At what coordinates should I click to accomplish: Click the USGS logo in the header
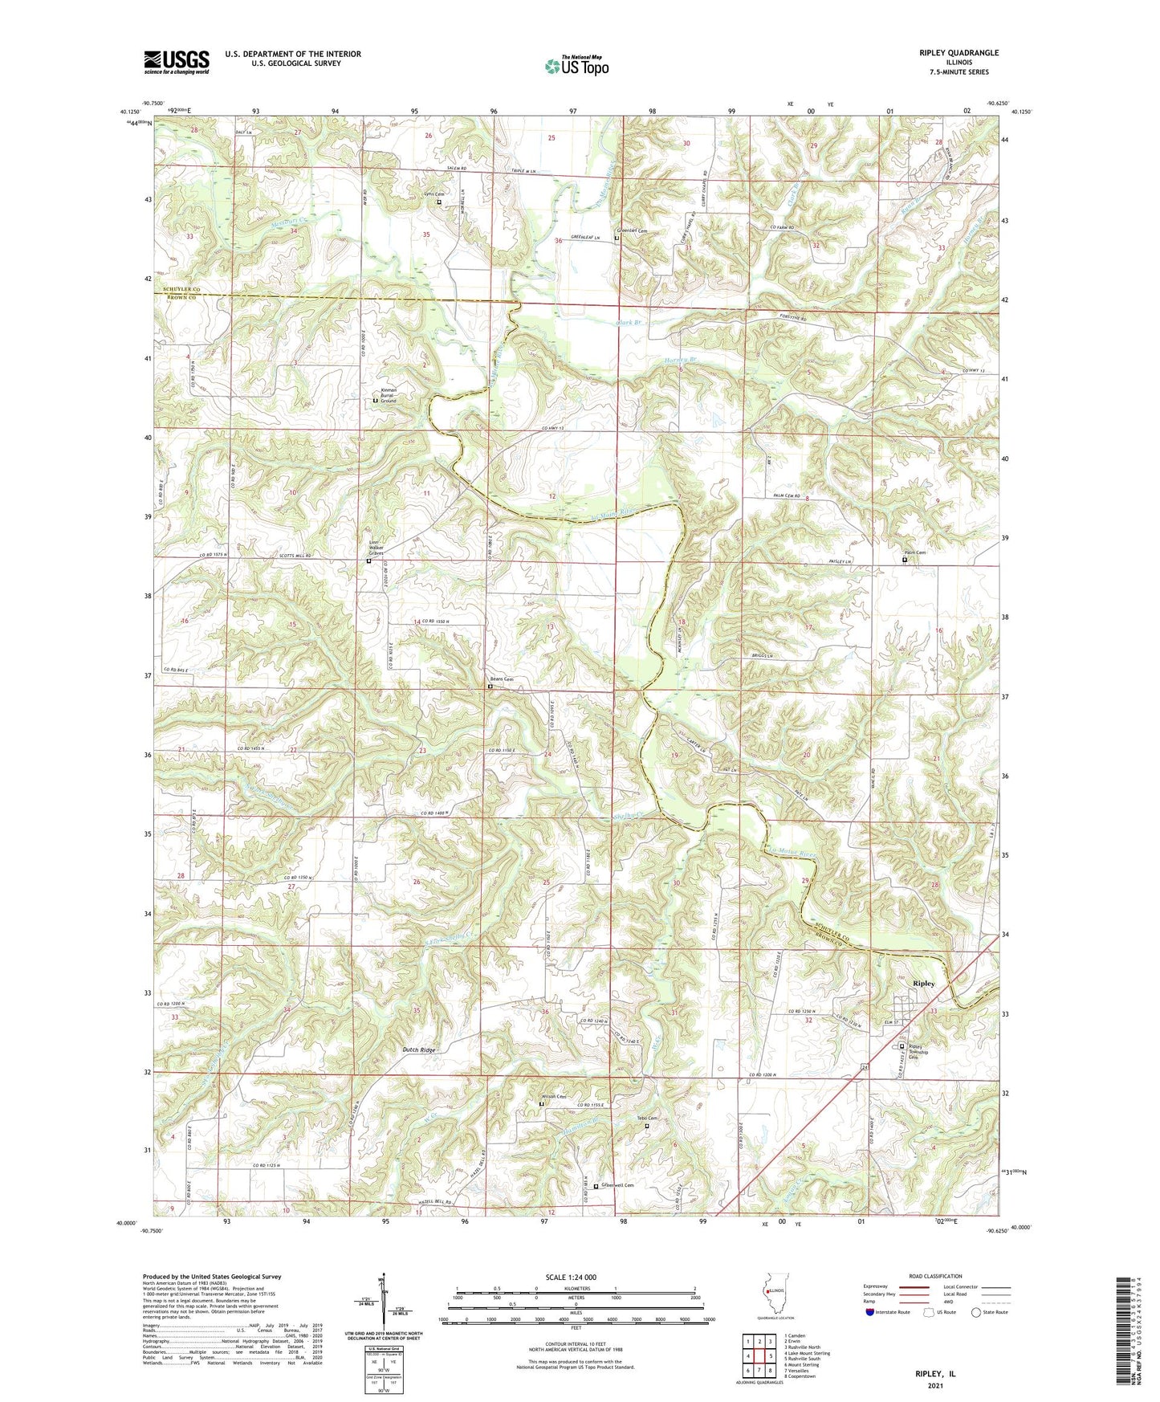click(177, 62)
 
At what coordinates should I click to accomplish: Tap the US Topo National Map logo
click(576, 66)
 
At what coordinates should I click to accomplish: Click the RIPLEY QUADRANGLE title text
click(959, 53)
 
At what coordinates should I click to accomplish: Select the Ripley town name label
click(923, 983)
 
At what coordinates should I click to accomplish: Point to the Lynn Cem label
click(434, 194)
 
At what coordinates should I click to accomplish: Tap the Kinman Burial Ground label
click(389, 395)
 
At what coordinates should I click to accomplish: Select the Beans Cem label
click(502, 679)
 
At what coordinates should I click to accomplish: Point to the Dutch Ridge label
click(419, 1050)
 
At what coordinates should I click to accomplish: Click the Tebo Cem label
click(647, 1119)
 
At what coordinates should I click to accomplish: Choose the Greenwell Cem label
click(618, 1185)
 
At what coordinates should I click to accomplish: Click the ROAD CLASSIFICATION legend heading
click(936, 1276)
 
